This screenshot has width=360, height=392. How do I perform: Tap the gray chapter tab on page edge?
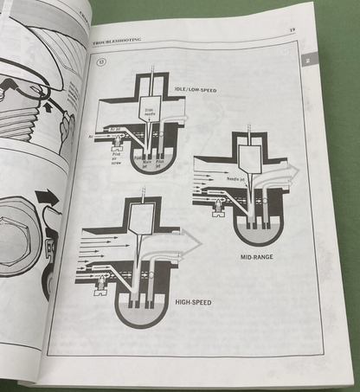[310, 60]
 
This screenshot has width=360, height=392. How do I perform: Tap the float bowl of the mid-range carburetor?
[255, 228]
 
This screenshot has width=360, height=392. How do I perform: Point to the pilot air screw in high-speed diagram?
[104, 280]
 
